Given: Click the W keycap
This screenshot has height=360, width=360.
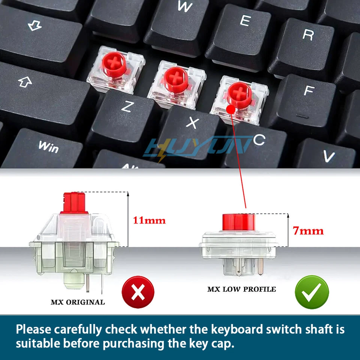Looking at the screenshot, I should [184, 15].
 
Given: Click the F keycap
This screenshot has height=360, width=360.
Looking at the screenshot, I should [306, 97].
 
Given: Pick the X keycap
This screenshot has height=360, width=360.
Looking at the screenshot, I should [191, 127].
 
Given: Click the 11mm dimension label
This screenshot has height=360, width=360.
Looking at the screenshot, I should [149, 220].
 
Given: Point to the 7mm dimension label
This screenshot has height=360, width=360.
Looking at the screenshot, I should [308, 231].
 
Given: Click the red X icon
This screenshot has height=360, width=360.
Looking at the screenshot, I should [138, 292].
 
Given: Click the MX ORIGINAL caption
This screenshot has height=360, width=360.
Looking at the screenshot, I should [78, 302].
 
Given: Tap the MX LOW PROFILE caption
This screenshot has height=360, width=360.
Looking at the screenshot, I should [241, 289].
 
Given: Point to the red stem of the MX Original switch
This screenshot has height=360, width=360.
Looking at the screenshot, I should [73, 202].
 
